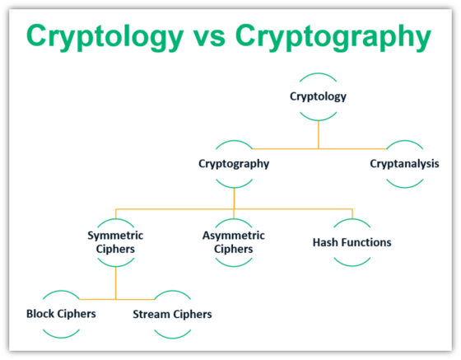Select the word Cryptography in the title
332,36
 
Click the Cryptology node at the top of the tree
318,96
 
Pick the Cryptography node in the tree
234,163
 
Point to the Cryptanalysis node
404,163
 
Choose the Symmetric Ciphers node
115,242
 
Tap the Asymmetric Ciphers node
234,242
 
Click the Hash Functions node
352,242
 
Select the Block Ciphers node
61,314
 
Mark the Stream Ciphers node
172,314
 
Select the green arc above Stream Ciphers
172,293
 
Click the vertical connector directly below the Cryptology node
318,132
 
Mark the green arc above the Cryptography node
234,143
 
